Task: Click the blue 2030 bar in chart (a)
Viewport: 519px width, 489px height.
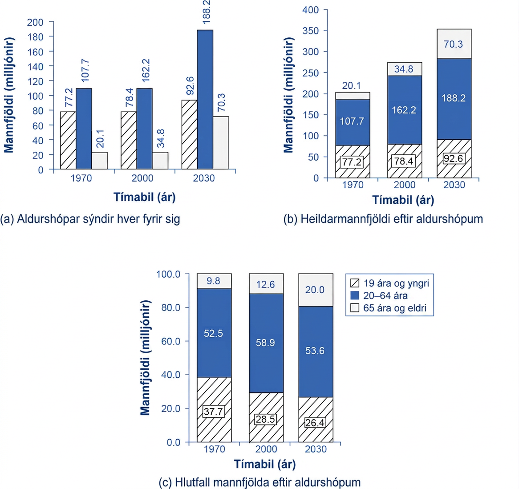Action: point(205,99)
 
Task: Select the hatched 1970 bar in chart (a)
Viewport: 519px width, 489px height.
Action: point(68,140)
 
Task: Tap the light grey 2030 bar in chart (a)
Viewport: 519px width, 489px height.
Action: point(221,142)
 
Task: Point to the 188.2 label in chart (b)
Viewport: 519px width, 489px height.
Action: point(454,98)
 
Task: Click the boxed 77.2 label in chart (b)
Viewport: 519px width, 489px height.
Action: point(352,162)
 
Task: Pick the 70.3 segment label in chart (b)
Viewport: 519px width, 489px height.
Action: point(453,44)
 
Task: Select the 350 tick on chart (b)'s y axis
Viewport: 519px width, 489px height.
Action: point(311,31)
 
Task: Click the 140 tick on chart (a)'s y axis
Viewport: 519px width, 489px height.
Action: point(36,66)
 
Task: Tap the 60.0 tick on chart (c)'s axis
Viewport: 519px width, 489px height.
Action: point(170,341)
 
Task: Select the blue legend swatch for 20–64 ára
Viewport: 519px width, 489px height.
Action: point(354,295)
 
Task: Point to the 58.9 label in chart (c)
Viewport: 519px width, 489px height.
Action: point(265,343)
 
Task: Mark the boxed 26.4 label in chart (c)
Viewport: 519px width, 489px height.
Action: point(315,423)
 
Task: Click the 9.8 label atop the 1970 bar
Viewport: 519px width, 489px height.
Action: point(213,281)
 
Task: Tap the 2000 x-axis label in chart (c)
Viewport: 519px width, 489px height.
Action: point(266,449)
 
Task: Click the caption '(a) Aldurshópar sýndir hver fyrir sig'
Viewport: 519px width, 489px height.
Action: point(90,219)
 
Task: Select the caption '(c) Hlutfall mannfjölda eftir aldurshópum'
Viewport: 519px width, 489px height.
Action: point(260,482)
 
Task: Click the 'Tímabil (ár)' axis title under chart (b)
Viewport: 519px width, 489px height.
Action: point(403,200)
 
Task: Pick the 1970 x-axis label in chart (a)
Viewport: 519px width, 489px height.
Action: point(81,178)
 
